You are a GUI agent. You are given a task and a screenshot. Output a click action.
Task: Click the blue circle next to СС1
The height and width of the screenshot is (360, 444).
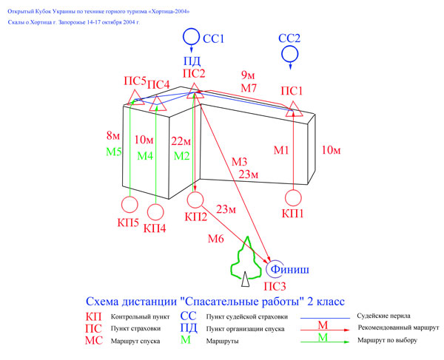[x=184, y=36]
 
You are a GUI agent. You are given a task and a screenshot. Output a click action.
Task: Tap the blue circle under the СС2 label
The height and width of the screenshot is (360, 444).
[x=282, y=54]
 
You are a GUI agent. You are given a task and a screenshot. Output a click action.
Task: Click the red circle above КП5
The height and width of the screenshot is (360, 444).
[x=121, y=205]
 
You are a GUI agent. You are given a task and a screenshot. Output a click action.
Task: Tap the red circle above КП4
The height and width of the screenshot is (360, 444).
[x=147, y=212]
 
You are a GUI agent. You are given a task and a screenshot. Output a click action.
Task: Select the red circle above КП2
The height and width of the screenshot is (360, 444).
[x=187, y=200]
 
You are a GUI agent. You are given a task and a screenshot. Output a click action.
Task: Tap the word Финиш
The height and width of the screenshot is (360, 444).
[x=289, y=269]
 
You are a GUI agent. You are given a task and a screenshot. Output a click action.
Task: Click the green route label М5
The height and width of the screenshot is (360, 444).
[x=114, y=152]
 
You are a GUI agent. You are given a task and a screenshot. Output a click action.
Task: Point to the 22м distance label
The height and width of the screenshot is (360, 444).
[x=181, y=141]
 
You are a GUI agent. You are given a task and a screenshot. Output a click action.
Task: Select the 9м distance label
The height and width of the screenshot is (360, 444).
[x=248, y=75]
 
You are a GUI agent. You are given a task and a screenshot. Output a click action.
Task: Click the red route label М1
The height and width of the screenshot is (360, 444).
[x=281, y=150]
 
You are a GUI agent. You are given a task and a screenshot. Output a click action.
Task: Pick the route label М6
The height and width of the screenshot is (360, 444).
[x=216, y=239]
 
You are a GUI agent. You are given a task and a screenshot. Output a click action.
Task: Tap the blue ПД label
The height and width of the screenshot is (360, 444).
[x=192, y=61]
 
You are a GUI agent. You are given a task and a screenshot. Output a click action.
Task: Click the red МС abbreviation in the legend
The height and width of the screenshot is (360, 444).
[x=94, y=341]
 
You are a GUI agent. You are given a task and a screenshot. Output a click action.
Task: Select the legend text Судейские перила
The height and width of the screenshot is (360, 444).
[x=383, y=316]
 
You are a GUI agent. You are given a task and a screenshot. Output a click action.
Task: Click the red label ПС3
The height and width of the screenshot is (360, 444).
[x=275, y=287]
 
